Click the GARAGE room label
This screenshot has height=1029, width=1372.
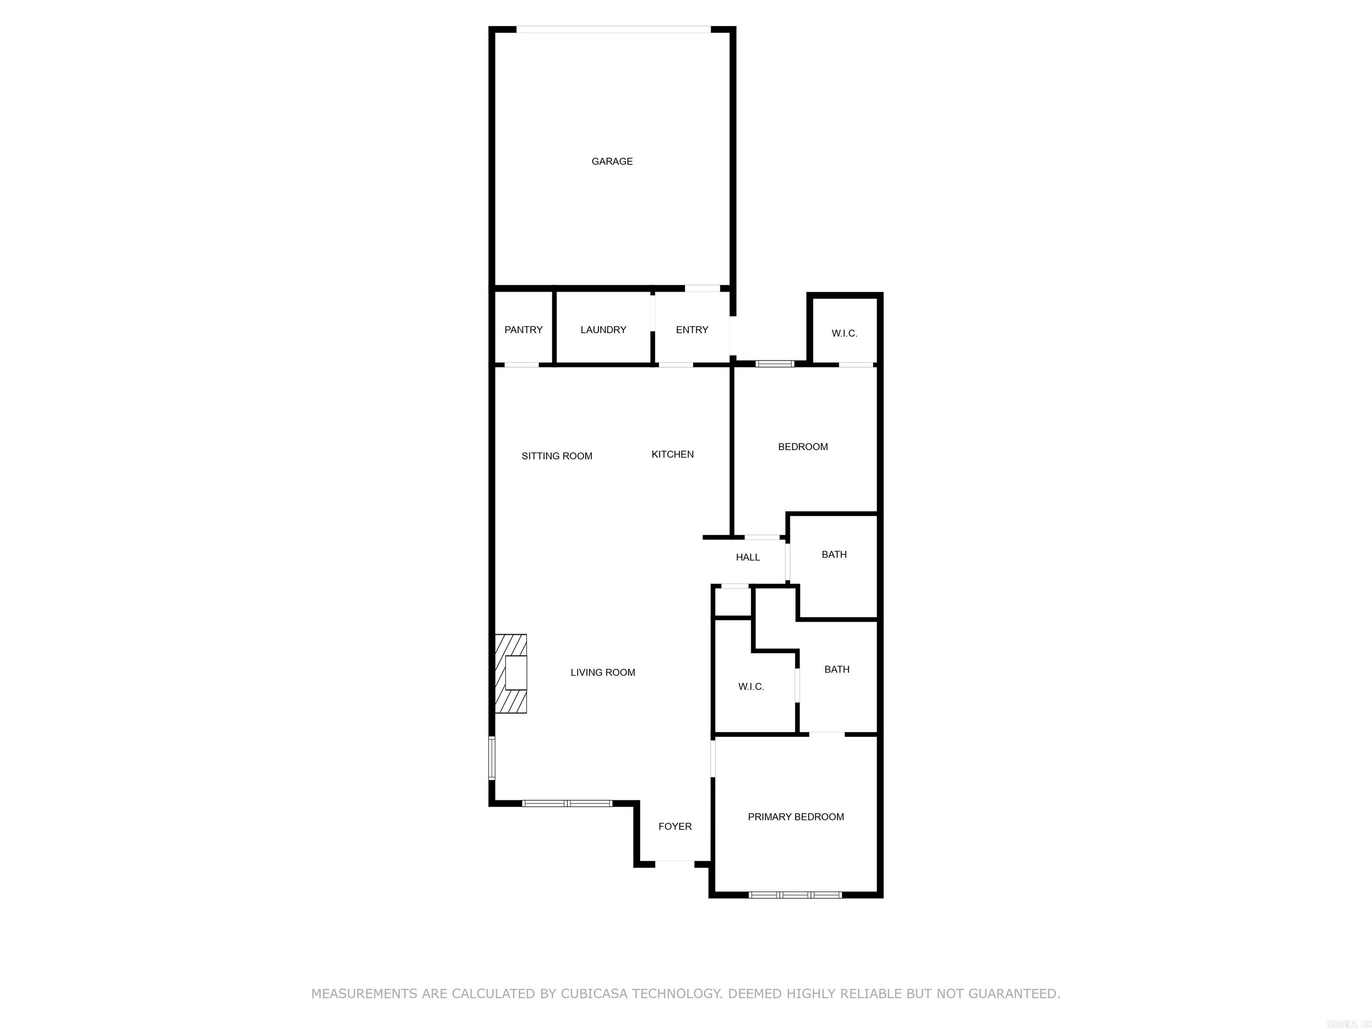(611, 161)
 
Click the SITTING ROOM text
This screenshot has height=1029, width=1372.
(556, 456)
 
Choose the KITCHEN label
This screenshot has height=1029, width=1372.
(672, 455)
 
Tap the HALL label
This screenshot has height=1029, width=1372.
(747, 557)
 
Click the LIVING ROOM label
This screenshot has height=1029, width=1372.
(602, 672)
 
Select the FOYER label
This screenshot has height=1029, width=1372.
(675, 826)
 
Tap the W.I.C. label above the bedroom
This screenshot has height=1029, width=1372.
(844, 334)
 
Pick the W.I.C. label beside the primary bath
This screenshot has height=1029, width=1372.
(750, 686)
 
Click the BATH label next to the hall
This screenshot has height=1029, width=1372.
(834, 555)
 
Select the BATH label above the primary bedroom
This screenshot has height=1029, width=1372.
(836, 669)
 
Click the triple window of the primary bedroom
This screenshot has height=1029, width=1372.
(795, 895)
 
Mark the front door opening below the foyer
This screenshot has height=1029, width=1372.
(674, 863)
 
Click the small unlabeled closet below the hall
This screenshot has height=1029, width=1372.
(732, 601)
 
